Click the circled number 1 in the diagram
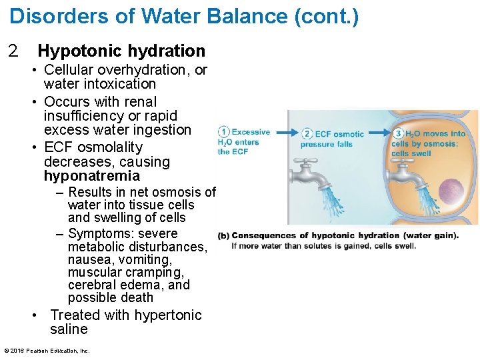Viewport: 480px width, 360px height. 224,132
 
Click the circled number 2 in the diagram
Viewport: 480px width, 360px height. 307,133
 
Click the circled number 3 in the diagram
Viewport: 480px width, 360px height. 399,133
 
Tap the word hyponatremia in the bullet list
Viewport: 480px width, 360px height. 92,176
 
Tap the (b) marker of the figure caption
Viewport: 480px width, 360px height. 223,235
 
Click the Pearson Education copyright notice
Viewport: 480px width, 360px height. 47,351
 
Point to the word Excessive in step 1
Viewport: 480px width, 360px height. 251,132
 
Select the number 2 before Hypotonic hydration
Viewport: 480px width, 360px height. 12,51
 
